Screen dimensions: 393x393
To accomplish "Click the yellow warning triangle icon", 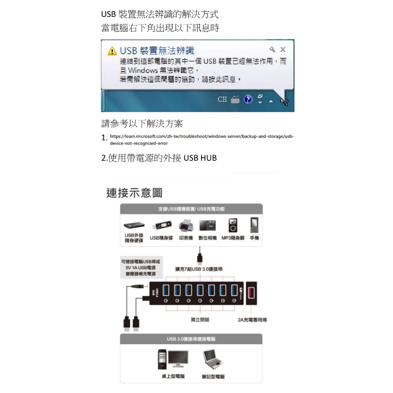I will point(112,51).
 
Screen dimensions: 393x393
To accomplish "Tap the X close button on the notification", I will point(283,50).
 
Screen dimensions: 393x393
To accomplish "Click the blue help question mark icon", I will point(248,100).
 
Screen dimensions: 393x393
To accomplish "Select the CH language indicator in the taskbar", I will point(222,99).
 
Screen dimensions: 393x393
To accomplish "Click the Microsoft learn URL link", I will point(201,140).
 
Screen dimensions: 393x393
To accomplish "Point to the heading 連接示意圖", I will point(134,193).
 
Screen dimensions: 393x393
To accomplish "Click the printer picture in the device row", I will point(185,226).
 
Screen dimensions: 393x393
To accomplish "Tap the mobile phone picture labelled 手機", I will point(254,225).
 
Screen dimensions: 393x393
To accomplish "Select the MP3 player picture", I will point(233,226).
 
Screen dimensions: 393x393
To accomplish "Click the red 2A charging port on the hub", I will point(251,293).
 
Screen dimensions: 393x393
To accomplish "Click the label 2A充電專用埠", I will point(252,320).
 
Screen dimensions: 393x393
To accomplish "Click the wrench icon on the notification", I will point(272,50).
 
